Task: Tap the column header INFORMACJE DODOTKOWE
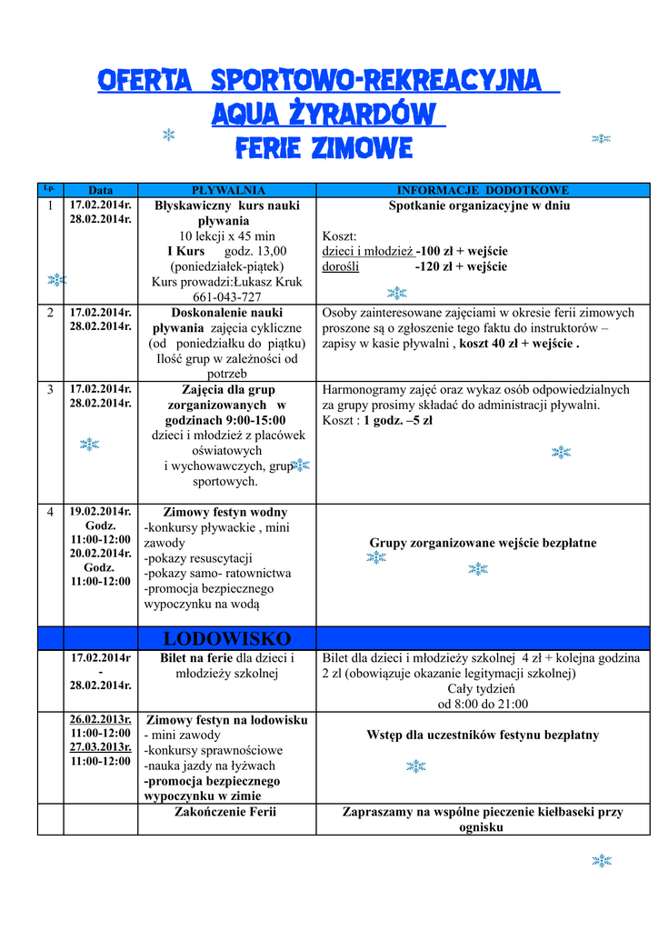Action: tap(483, 191)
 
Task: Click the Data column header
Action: tap(101, 191)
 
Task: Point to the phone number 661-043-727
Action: tap(227, 297)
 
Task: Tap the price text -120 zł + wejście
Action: tap(461, 266)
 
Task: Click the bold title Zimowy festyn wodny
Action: tap(225, 513)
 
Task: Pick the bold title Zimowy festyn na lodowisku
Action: tap(227, 720)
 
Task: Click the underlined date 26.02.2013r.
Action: tap(101, 719)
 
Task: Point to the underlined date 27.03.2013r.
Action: tap(101, 746)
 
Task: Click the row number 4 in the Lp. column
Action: tap(50, 513)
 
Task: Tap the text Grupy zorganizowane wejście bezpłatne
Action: tap(483, 543)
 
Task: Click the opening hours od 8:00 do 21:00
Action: tap(483, 704)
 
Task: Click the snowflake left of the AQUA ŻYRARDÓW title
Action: tap(168, 135)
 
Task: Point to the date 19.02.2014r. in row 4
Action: tap(101, 512)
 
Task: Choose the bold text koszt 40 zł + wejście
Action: tap(517, 344)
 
